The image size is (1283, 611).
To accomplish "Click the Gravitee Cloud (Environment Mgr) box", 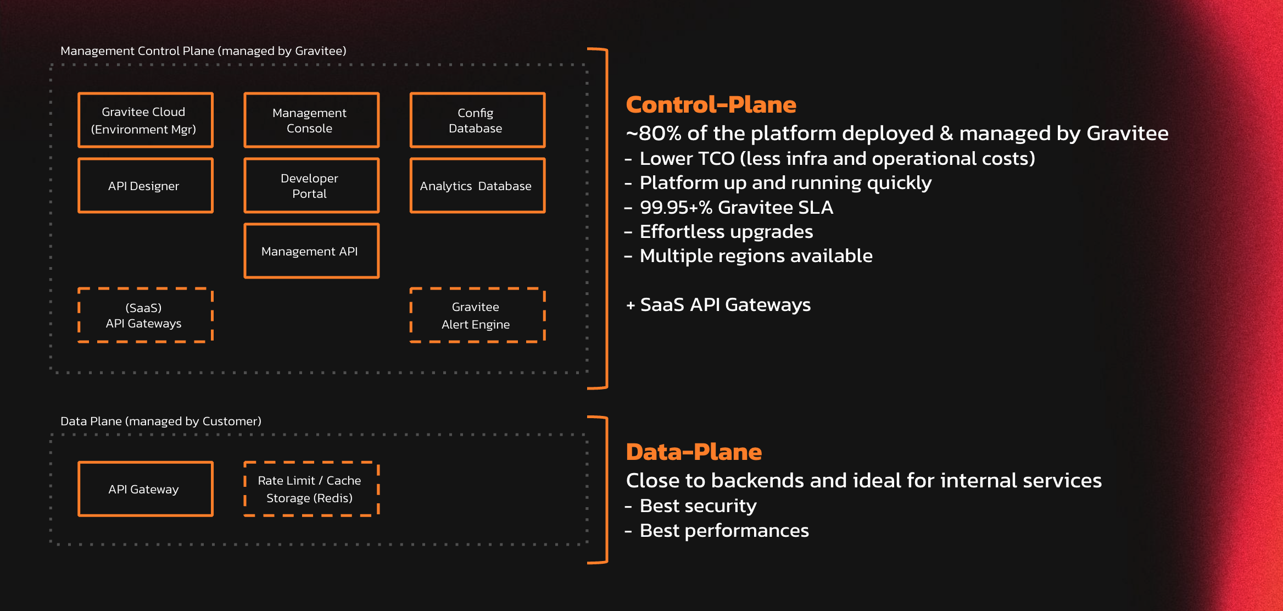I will [x=146, y=120].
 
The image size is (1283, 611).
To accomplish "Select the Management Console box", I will [x=311, y=120].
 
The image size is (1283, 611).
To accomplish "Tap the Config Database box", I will [x=477, y=120].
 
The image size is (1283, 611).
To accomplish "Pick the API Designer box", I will [x=146, y=186].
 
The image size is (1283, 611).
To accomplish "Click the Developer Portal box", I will [x=311, y=186].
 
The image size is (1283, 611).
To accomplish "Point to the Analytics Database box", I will [x=477, y=186].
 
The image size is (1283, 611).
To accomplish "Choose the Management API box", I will [x=311, y=251].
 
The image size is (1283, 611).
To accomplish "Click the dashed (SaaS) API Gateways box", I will [x=146, y=315].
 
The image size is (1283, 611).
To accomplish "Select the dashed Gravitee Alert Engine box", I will [x=477, y=315].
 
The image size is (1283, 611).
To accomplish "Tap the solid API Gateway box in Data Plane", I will [x=146, y=489].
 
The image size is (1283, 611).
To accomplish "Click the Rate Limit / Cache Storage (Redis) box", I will [x=311, y=489].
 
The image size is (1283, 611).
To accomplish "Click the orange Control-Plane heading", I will [x=711, y=104].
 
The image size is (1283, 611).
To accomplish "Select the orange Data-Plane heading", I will [x=694, y=452].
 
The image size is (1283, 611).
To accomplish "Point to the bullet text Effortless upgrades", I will [x=726, y=232].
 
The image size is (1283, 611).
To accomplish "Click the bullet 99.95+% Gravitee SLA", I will [x=736, y=208].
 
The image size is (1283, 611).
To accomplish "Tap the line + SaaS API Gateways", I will [x=718, y=305].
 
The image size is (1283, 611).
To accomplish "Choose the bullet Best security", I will [x=698, y=506].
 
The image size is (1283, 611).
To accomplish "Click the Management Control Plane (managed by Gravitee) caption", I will [x=203, y=51].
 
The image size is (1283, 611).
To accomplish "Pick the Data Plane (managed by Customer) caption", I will [x=161, y=421].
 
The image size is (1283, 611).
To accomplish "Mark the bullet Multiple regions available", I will [x=756, y=256].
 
